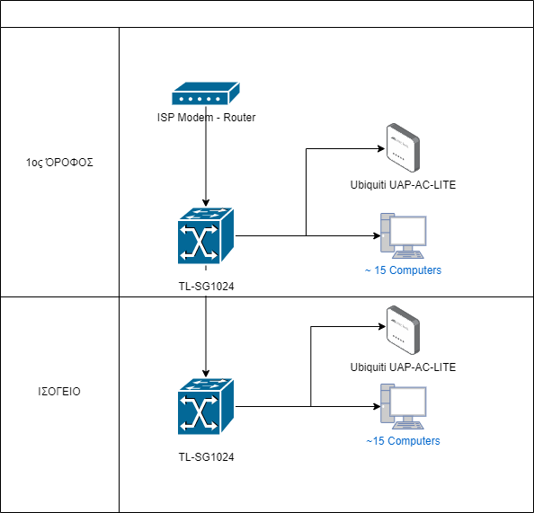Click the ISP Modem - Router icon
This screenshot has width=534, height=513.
pyautogui.click(x=206, y=93)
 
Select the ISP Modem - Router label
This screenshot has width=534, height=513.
pyautogui.click(x=206, y=118)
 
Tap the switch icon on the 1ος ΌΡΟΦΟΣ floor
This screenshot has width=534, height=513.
pyautogui.click(x=206, y=236)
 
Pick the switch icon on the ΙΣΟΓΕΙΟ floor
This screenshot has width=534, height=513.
pyautogui.click(x=206, y=406)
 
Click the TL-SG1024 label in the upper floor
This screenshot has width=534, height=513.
pyautogui.click(x=206, y=287)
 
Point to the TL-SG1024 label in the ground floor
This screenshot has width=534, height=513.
pyautogui.click(x=206, y=456)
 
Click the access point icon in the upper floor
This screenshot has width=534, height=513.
pyautogui.click(x=403, y=147)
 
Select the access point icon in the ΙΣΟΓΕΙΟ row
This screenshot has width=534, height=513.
pyautogui.click(x=403, y=331)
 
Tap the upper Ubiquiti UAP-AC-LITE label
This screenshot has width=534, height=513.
pyautogui.click(x=403, y=185)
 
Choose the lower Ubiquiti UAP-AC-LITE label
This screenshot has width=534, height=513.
pyautogui.click(x=403, y=367)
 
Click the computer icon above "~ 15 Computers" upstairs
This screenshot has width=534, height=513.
pyautogui.click(x=404, y=236)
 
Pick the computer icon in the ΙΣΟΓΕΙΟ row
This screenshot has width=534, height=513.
pyautogui.click(x=404, y=406)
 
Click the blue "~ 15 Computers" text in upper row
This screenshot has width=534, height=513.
pyautogui.click(x=403, y=270)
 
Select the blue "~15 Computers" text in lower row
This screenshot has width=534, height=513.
pyautogui.click(x=403, y=441)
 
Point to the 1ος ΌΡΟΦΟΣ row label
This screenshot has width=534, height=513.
pyautogui.click(x=59, y=163)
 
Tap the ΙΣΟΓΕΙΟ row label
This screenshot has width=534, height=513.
pyautogui.click(x=59, y=392)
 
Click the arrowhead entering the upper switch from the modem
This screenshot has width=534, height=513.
pyautogui.click(x=206, y=203)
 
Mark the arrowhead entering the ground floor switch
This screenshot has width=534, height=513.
pyautogui.click(x=206, y=374)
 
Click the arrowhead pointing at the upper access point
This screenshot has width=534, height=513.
pyautogui.click(x=381, y=148)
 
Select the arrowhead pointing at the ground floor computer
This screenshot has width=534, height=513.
pyautogui.click(x=377, y=406)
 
